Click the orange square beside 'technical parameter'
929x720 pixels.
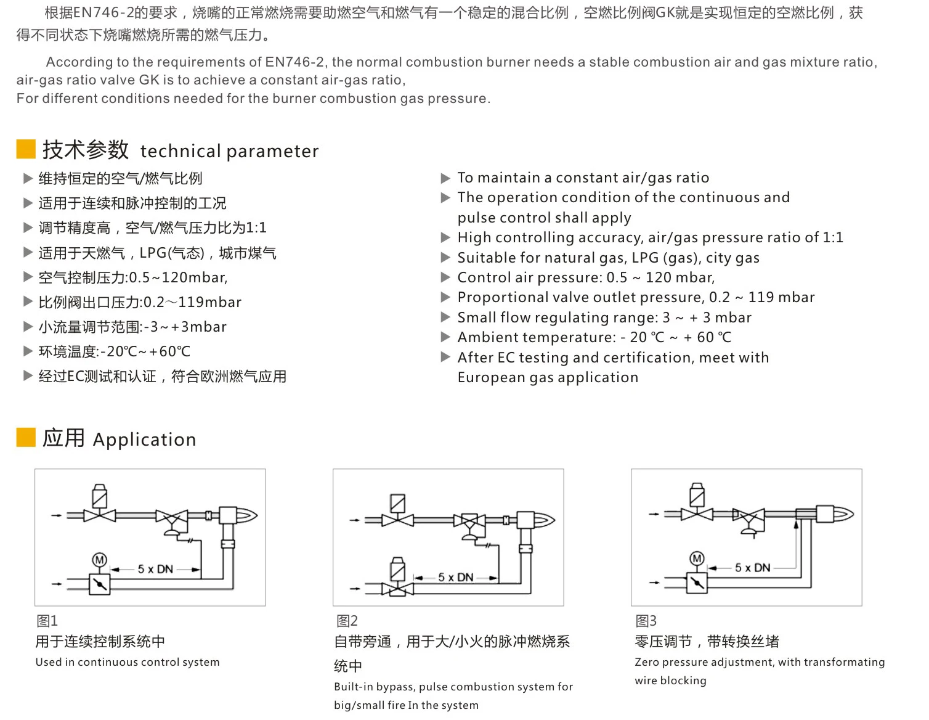[x=26, y=149]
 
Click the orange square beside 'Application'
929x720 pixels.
[x=26, y=438]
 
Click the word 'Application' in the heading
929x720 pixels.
[x=144, y=440]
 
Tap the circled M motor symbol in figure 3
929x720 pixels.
[x=697, y=558]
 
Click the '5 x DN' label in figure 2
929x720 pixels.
[x=456, y=578]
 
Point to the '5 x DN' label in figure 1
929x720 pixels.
[x=155, y=569]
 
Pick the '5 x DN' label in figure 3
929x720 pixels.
[x=752, y=568]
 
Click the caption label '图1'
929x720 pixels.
[x=47, y=621]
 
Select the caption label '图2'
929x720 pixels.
[x=347, y=621]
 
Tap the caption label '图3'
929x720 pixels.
[x=646, y=621]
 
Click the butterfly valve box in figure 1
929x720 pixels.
[x=100, y=583]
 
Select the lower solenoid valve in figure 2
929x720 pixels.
[x=397, y=579]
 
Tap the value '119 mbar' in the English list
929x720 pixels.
[x=781, y=298]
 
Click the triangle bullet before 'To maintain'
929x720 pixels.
[x=446, y=178]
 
